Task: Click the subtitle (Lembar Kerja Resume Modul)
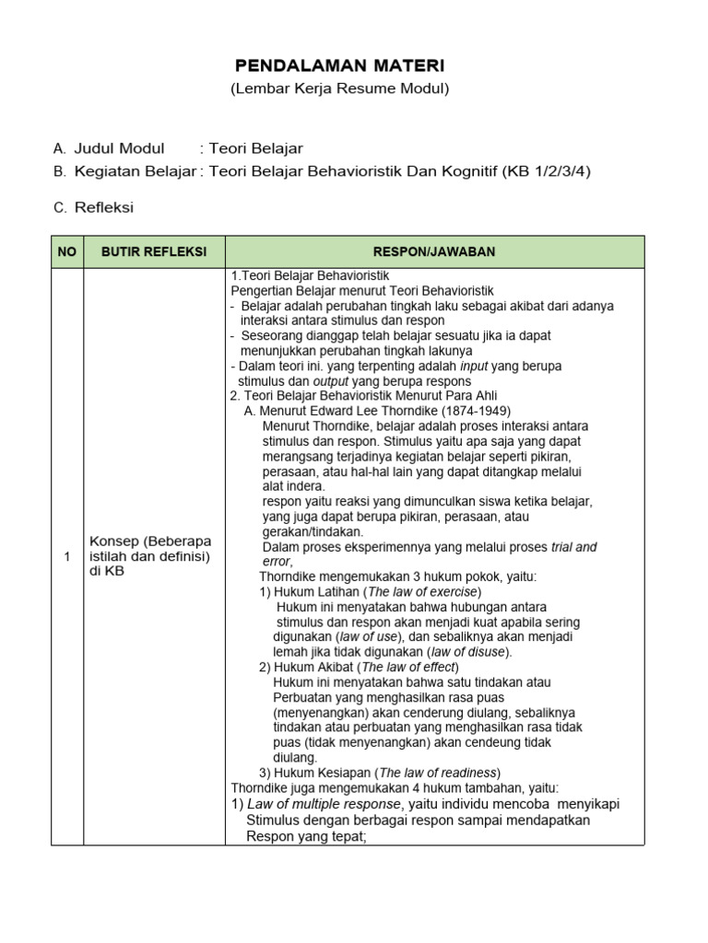coord(339,88)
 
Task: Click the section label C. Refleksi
coord(93,207)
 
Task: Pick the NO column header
coord(67,251)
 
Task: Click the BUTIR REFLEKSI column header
coord(154,251)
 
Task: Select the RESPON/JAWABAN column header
coord(434,251)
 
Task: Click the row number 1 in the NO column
coord(67,556)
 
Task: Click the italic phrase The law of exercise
coord(423,591)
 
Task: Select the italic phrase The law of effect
coord(411,667)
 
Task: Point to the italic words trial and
coord(573,546)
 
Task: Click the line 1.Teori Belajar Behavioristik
coord(310,275)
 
